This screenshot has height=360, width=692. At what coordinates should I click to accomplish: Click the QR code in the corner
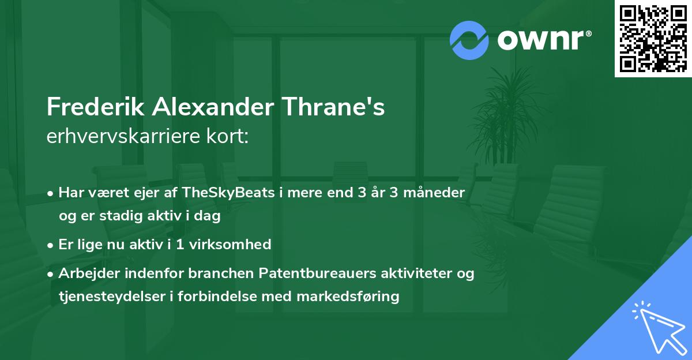(653, 39)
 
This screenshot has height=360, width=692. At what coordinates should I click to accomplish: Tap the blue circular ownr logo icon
(469, 40)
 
